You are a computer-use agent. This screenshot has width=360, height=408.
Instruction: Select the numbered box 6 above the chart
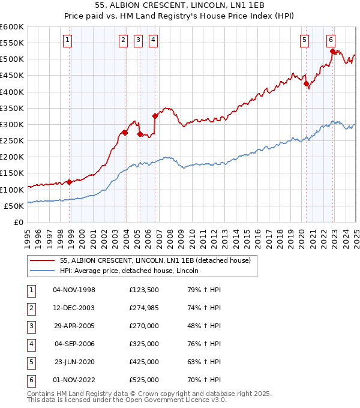coord(331,40)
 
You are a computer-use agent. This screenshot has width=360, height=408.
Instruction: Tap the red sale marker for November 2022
coord(332,52)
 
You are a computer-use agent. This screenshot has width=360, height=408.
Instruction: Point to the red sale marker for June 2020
coord(306,84)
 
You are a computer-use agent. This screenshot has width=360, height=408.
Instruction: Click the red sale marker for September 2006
coord(155,116)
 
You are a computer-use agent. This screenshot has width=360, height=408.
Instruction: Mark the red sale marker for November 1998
coord(70,182)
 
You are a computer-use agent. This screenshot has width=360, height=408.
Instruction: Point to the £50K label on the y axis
coord(14,206)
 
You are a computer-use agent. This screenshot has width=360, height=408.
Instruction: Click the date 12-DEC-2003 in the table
coord(74,308)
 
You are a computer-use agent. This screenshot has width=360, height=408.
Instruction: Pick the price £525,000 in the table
coord(143,380)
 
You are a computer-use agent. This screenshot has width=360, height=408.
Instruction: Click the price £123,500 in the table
coord(143,290)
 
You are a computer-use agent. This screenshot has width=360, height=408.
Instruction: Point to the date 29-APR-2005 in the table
coord(74,326)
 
